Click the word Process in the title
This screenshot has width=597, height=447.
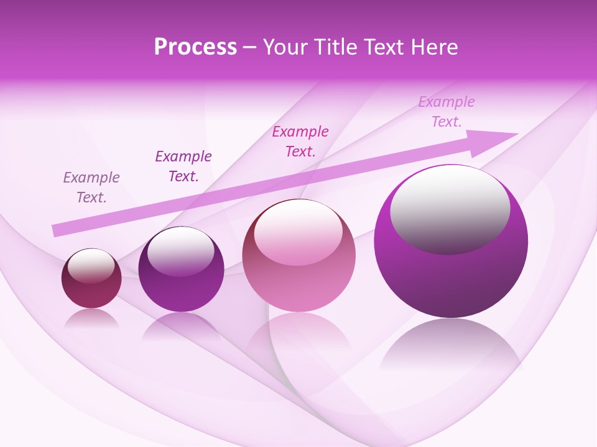195,47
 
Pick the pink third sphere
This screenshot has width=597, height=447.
298,267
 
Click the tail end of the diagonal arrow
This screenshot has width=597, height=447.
56,230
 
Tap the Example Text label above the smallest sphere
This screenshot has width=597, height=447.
91,187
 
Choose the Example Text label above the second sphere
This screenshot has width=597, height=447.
183,166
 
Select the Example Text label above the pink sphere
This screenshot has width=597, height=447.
300,141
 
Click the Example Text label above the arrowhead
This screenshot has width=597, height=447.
447,112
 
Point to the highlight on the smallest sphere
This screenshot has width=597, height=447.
91,266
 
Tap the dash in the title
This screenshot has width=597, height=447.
250,47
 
